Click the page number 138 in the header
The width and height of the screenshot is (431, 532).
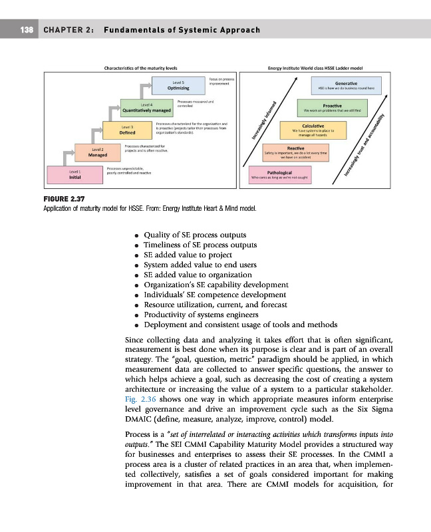[x=27, y=31]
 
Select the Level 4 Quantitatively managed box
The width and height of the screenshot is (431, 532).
[x=147, y=107]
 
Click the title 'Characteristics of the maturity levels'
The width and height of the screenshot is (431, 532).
[x=140, y=68]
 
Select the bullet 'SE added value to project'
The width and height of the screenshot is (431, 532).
[x=188, y=255]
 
